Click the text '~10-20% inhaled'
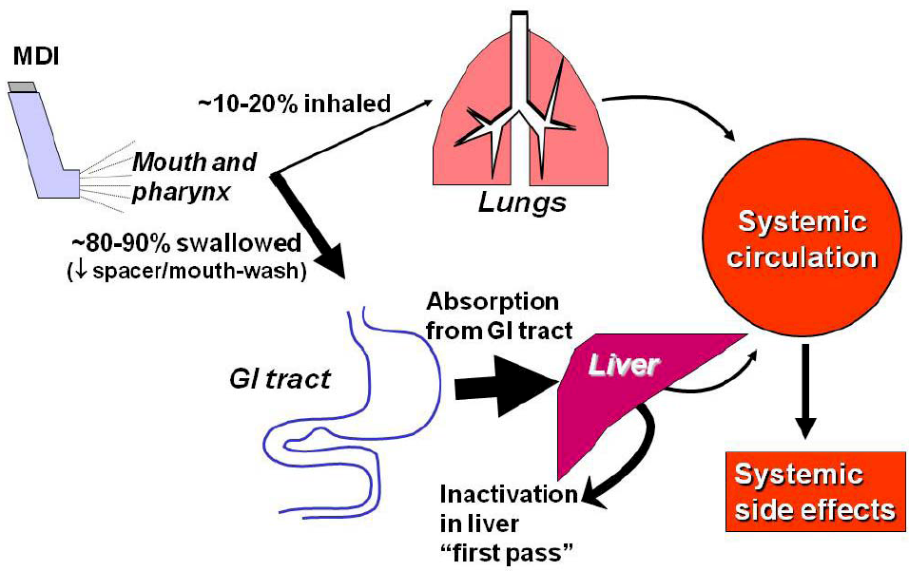click(294, 103)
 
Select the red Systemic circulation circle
click(804, 239)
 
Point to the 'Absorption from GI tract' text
click(493, 316)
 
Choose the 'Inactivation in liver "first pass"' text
click(509, 523)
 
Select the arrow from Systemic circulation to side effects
click(807, 390)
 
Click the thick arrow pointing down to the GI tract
click(309, 222)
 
